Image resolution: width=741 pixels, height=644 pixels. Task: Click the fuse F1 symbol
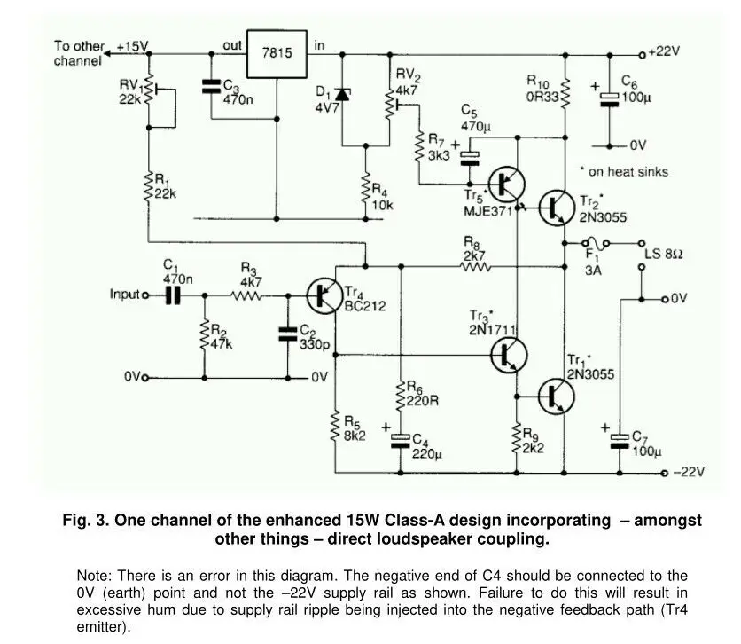coord(594,242)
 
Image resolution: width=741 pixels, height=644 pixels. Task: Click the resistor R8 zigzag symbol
coord(474,265)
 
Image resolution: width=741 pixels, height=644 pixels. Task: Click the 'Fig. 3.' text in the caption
coord(85,521)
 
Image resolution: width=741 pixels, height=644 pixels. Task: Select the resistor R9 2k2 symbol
coord(516,439)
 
